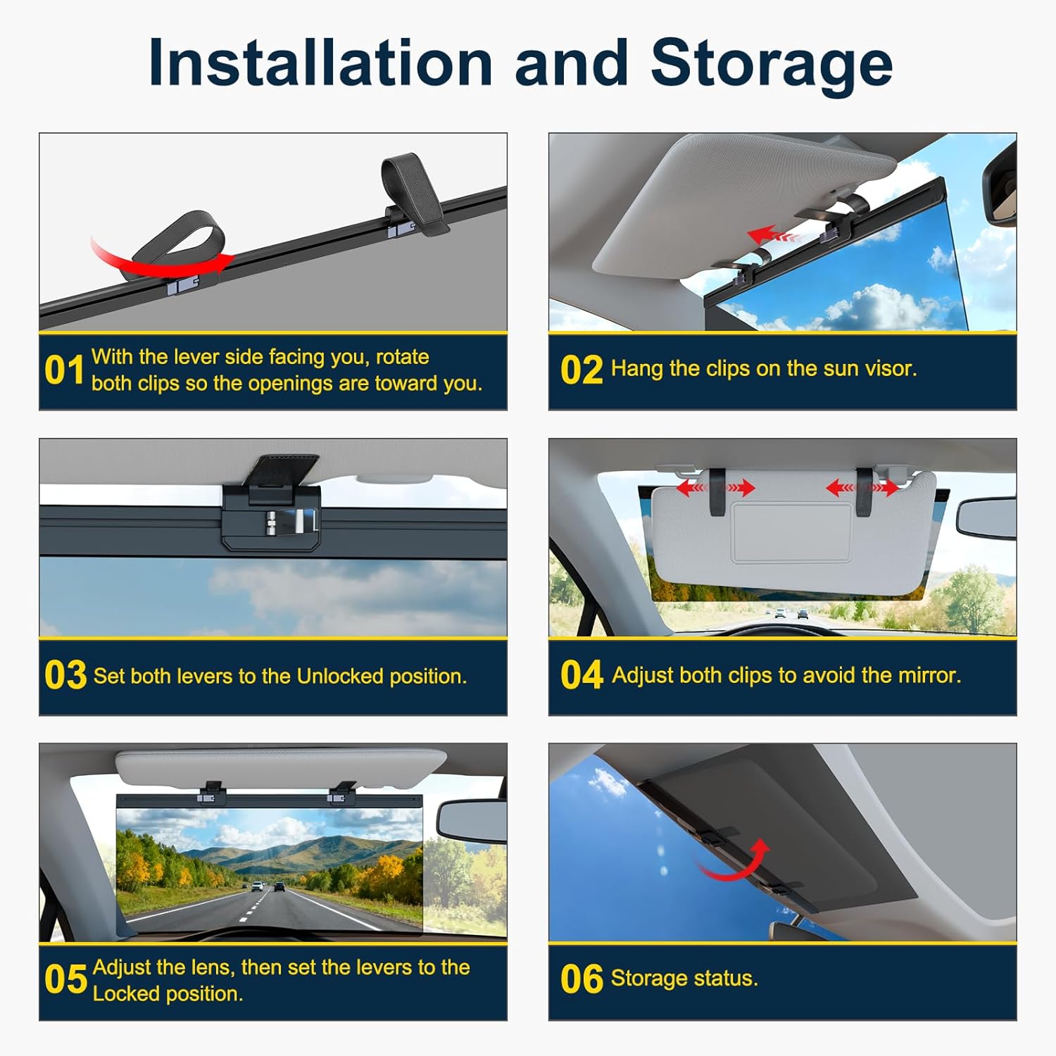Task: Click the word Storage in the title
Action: coord(772,65)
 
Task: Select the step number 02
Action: coord(582,370)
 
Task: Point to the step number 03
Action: coord(65,675)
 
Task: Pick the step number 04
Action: coord(582,674)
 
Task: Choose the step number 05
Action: coord(65,979)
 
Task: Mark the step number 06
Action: coord(582,979)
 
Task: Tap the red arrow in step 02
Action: coord(774,234)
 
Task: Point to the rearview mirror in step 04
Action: coord(986,518)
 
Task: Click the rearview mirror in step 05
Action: coord(470,819)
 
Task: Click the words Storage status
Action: coord(684,979)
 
